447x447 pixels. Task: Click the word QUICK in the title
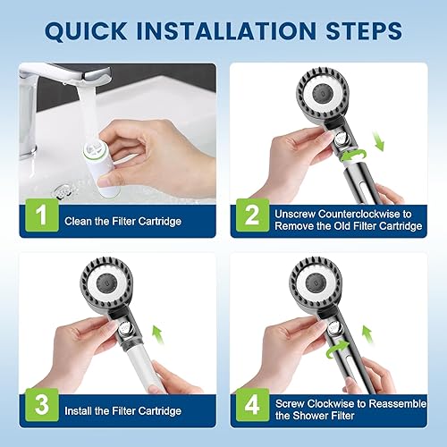point(86,30)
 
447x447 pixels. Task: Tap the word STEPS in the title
point(364,30)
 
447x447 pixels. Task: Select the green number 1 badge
point(42,215)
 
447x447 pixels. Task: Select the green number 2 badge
point(253,215)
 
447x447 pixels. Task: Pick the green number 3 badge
point(42,405)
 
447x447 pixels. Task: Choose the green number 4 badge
point(253,405)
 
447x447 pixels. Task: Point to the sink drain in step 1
point(63,191)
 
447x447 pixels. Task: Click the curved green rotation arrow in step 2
point(354,156)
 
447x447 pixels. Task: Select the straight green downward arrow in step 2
point(379,141)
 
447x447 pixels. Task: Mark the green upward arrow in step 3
point(158,334)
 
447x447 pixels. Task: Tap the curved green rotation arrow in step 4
point(337,349)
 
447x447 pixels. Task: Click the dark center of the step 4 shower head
point(316,282)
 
